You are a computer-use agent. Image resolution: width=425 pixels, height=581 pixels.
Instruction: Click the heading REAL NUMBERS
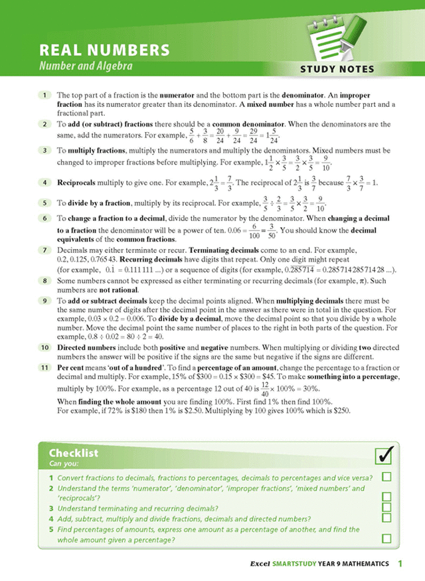[104, 50]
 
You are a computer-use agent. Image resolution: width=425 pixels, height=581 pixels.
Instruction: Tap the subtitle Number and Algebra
[86, 66]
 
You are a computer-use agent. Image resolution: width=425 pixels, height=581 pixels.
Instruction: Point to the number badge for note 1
[43, 96]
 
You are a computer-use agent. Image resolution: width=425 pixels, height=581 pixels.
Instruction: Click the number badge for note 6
[43, 218]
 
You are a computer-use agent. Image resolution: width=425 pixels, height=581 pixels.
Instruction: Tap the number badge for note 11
[43, 367]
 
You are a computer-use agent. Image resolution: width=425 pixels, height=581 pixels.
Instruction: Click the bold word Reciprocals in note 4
[78, 182]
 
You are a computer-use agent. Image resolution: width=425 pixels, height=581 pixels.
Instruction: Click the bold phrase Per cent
[72, 367]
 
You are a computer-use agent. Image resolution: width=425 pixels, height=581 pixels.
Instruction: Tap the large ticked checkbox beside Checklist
[384, 456]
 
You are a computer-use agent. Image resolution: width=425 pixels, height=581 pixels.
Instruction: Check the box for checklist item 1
[386, 477]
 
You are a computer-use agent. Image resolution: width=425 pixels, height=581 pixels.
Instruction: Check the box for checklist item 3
[386, 507]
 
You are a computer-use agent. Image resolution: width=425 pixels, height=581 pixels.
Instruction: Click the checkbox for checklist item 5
[386, 539]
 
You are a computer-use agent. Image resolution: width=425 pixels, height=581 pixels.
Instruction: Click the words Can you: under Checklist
[64, 463]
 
